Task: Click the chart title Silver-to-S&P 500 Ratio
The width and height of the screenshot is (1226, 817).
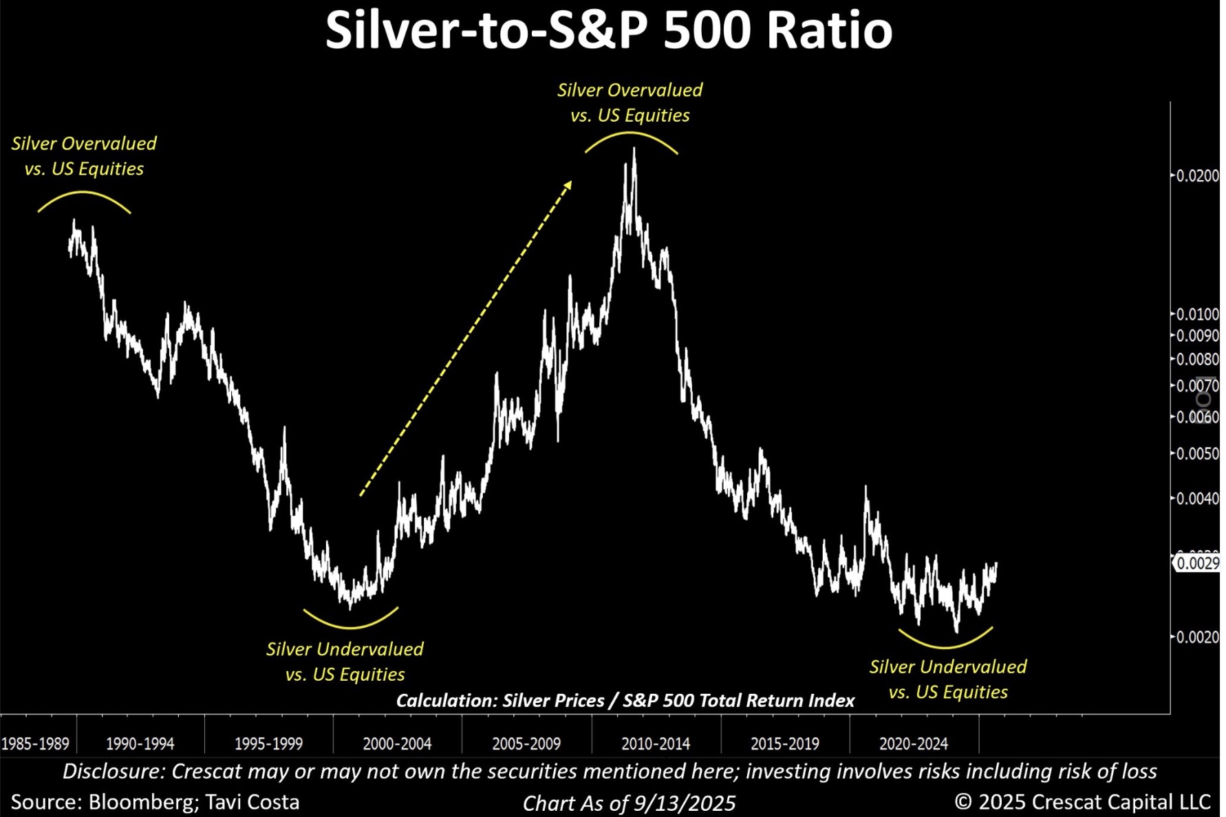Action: pos(608,30)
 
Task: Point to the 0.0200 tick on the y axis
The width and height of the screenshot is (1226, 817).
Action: pos(1197,176)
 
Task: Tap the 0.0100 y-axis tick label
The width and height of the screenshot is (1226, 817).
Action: pos(1197,314)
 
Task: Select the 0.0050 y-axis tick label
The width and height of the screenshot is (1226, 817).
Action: pos(1197,454)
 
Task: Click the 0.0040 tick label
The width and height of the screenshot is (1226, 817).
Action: pos(1197,499)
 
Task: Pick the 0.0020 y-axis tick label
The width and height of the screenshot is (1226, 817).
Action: pos(1197,638)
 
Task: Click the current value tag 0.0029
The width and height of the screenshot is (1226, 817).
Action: pos(1198,564)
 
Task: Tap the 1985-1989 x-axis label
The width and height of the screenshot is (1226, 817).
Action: pos(35,743)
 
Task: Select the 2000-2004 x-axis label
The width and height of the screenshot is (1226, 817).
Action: pos(397,743)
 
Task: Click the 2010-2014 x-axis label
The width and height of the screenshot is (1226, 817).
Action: pos(656,743)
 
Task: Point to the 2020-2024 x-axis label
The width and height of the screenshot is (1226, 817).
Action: pos(914,743)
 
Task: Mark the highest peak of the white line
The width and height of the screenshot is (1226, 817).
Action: pos(634,150)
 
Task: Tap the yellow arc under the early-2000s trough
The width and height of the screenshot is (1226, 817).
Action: pos(350,626)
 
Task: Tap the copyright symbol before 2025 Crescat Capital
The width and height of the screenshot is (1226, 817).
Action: pos(962,802)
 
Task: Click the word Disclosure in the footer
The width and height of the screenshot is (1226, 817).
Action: pos(114,772)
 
